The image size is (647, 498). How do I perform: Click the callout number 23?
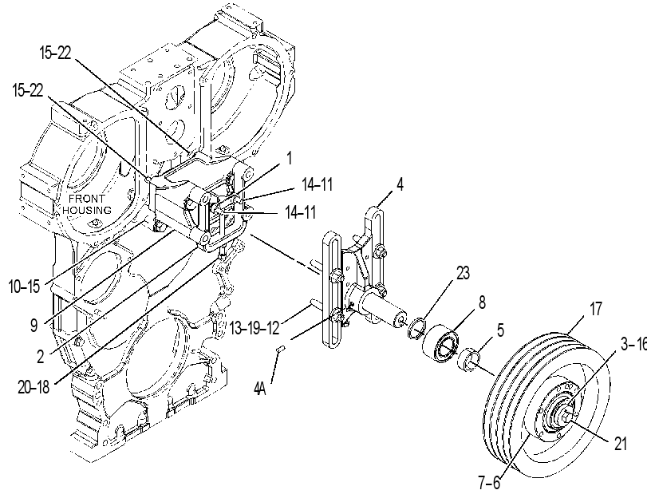(463, 273)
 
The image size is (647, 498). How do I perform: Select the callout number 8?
(482, 302)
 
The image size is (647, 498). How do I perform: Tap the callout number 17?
(596, 309)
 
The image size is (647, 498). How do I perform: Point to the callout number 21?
(620, 444)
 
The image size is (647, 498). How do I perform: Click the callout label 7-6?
(489, 482)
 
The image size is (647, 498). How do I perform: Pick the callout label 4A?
(260, 388)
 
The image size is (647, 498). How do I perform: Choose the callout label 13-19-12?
(254, 328)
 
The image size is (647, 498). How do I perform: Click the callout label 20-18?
(34, 387)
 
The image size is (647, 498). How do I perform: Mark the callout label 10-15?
(25, 287)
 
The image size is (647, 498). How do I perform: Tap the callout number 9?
(34, 326)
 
